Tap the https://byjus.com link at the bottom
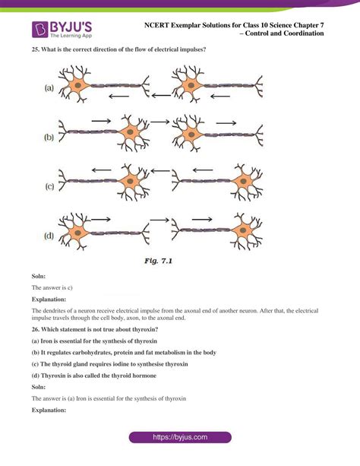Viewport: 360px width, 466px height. pyautogui.click(x=180, y=438)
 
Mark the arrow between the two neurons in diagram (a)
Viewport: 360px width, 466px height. pyautogui.click(x=160, y=96)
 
